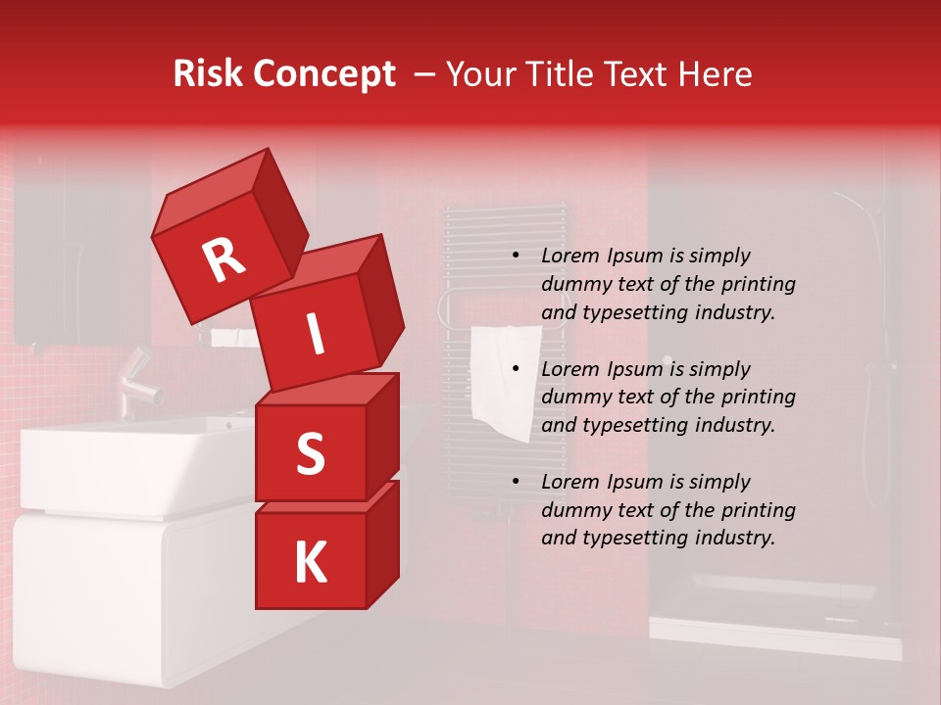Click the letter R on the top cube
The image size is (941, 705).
[x=223, y=259]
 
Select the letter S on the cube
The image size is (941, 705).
[x=310, y=453]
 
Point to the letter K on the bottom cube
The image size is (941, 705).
[x=310, y=563]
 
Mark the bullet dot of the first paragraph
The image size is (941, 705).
[x=516, y=256]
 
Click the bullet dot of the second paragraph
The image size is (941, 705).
[x=516, y=369]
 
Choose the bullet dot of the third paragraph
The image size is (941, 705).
[x=516, y=482]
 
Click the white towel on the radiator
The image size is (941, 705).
[x=505, y=377]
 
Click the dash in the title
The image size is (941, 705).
[x=425, y=74]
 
